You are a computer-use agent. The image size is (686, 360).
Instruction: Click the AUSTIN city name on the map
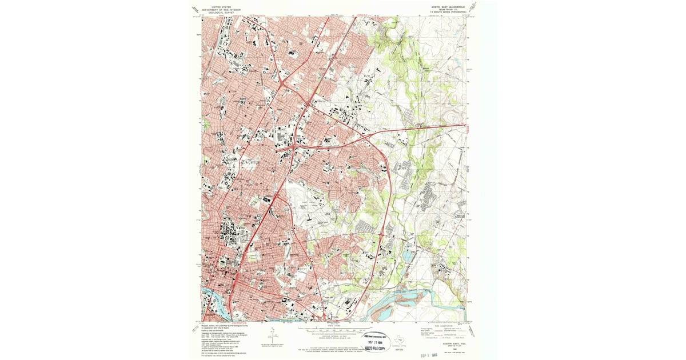pos(252,162)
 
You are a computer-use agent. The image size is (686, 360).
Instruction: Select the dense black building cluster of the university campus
pos(226,234)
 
